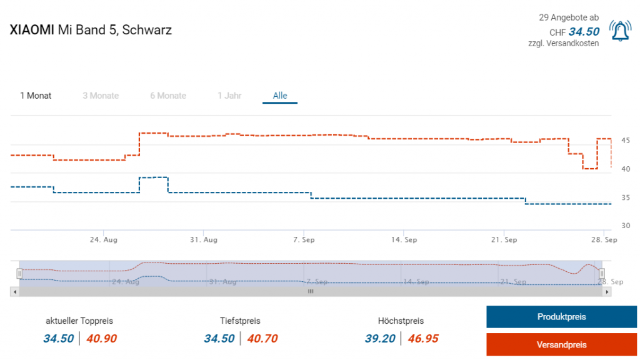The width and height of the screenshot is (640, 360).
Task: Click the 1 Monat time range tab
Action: pos(36,96)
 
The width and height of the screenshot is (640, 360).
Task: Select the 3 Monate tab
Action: pos(101,96)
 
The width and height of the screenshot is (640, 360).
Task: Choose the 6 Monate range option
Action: pos(168,96)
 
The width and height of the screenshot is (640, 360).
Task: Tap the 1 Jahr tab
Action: pos(229,96)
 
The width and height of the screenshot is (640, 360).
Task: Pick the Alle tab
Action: pos(280,96)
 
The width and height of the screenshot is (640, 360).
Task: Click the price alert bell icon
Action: pos(620,31)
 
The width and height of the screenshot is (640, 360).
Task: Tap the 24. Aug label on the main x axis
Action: pos(104,239)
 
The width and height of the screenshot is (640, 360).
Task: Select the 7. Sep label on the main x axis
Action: pos(304,239)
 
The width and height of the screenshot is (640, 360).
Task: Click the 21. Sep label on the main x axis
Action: pos(504,239)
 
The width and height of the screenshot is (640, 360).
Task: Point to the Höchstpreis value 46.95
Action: pos(423,339)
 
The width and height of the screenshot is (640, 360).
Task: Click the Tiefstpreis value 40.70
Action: pos(262,339)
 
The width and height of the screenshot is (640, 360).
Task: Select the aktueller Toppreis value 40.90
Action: pos(101,339)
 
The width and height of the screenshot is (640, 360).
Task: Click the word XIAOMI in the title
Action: pos(32,30)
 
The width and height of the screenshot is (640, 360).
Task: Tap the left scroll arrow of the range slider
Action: pos(14,291)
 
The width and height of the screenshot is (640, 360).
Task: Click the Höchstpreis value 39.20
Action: pos(380,339)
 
